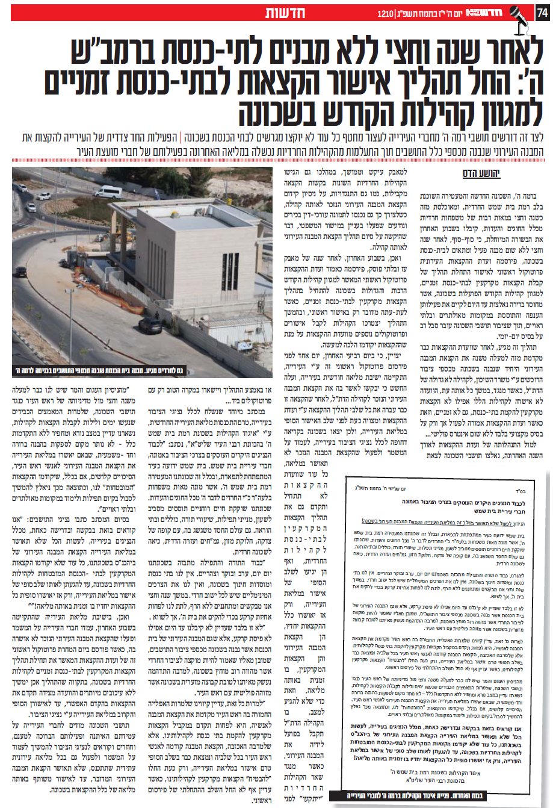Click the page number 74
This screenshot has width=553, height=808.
pos(542,13)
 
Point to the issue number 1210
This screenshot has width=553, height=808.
pos(385,13)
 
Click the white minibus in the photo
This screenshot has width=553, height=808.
pos(108,192)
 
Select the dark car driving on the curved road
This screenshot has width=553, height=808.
pos(45,196)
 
